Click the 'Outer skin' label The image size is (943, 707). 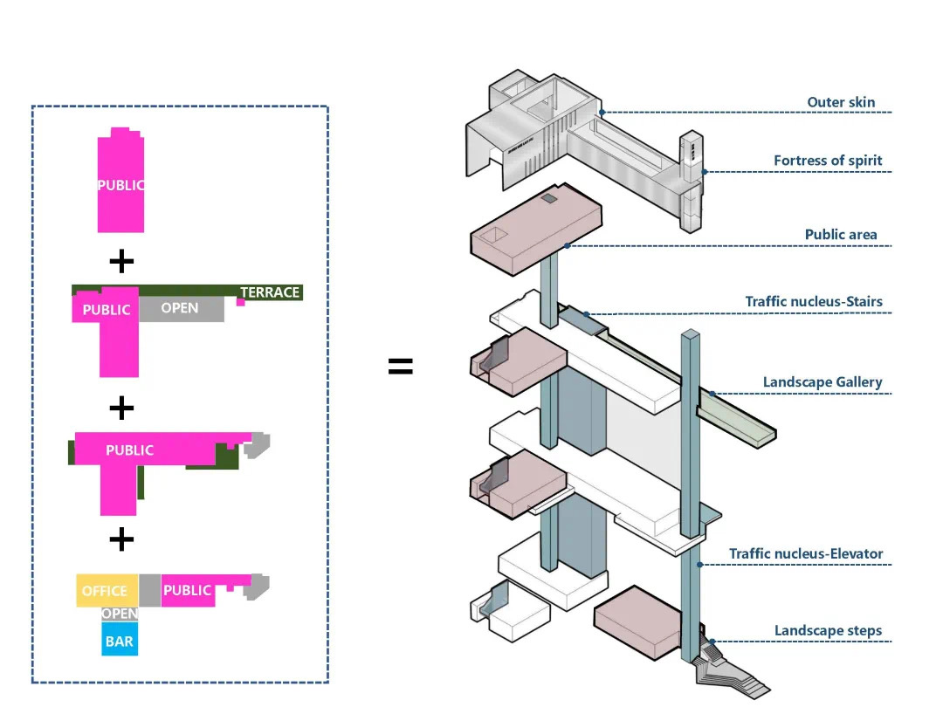pyautogui.click(x=840, y=102)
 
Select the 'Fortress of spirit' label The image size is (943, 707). pyautogui.click(x=827, y=161)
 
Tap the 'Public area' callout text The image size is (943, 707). pyautogui.click(x=841, y=235)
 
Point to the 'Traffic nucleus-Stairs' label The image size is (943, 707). pyautogui.click(x=813, y=302)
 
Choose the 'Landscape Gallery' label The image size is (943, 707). pyautogui.click(x=822, y=382)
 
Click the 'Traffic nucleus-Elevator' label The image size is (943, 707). pyautogui.click(x=806, y=553)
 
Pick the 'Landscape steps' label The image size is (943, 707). pyautogui.click(x=828, y=630)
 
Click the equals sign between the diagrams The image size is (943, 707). pyautogui.click(x=400, y=367)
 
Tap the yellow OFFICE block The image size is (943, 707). pyautogui.click(x=105, y=591)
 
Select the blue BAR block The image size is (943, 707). pyautogui.click(x=120, y=642)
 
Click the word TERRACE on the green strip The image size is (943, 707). pyautogui.click(x=270, y=292)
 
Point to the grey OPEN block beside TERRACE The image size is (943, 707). pyautogui.click(x=180, y=308)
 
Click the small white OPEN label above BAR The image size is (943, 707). pyautogui.click(x=120, y=614)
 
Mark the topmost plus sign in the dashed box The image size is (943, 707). pyautogui.click(x=121, y=260)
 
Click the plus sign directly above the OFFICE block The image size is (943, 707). pyautogui.click(x=121, y=539)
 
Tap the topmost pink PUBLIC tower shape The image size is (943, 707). pyautogui.click(x=120, y=183)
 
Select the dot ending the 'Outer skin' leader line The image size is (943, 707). pyautogui.click(x=602, y=112)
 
